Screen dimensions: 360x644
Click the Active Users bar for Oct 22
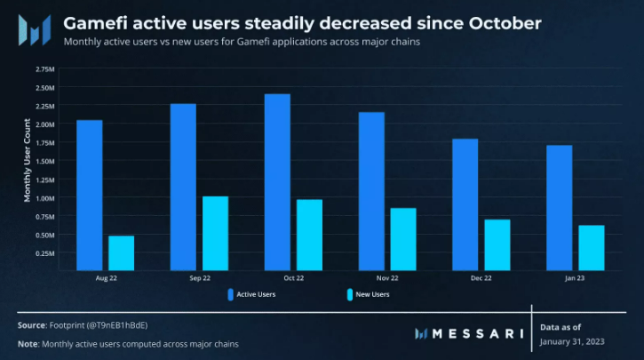(x=277, y=181)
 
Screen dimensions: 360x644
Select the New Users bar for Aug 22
(x=121, y=252)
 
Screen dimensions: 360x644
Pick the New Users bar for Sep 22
(x=215, y=233)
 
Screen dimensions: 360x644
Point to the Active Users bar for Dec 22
(x=465, y=204)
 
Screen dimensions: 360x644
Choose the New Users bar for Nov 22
(x=403, y=238)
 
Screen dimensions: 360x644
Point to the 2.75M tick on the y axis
(x=45, y=68)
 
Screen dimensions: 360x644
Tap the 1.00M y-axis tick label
(x=45, y=197)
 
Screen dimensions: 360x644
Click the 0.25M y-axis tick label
(x=45, y=253)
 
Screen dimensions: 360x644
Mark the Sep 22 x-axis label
(x=199, y=278)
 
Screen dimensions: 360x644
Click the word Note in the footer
(x=28, y=343)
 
